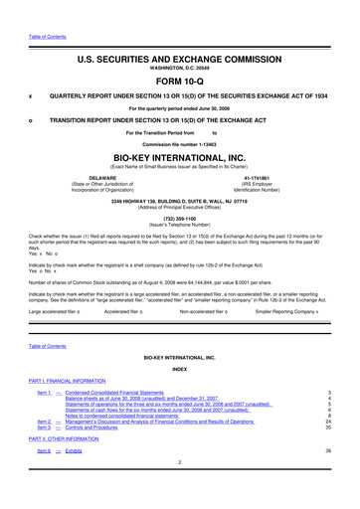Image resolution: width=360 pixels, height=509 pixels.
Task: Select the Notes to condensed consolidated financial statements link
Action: click(140, 415)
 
